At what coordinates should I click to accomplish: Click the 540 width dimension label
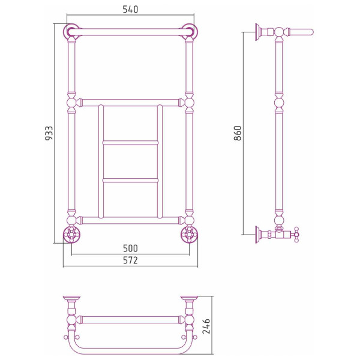130,10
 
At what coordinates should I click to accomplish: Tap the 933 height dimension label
49,133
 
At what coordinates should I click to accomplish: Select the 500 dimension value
130,248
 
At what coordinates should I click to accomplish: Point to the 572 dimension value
130,260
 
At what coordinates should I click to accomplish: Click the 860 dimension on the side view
238,133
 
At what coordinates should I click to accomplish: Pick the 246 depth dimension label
206,326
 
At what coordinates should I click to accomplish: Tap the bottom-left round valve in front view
71,235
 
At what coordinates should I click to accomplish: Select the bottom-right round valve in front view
190,235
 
